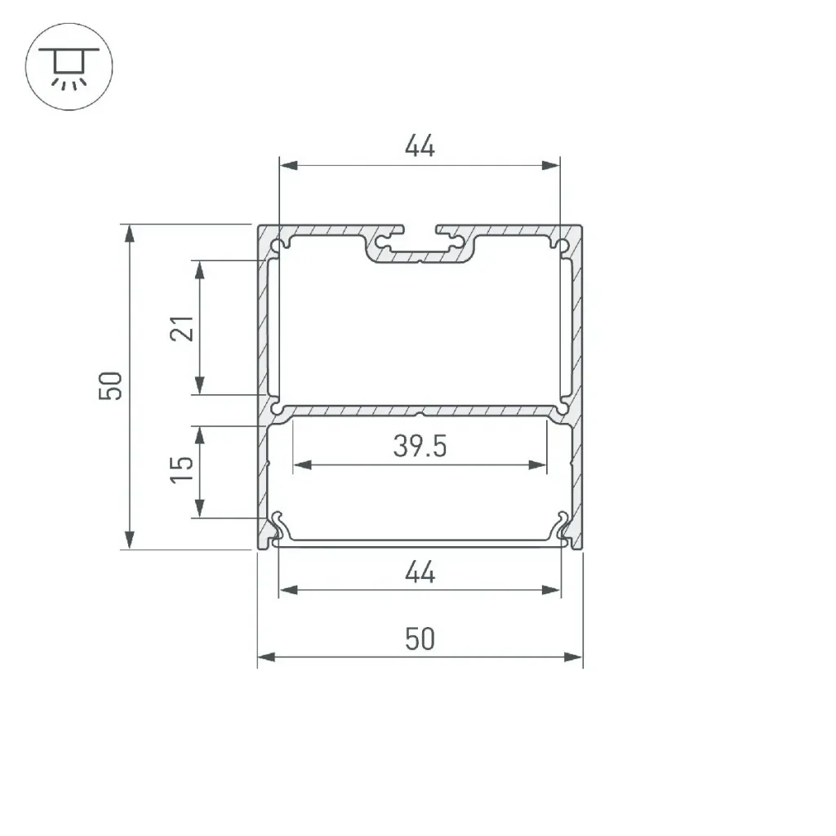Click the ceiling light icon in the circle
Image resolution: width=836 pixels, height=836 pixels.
[69, 67]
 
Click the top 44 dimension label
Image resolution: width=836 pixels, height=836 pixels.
[420, 145]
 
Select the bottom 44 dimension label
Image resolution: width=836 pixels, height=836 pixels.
[420, 572]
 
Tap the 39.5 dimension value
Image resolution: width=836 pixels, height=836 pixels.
[420, 446]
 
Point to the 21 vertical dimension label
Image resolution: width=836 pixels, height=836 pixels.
[182, 328]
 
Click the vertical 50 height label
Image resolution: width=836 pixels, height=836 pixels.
[110, 385]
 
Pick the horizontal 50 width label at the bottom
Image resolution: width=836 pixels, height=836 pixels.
[420, 638]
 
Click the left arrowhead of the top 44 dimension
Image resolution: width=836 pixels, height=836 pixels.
[288, 165]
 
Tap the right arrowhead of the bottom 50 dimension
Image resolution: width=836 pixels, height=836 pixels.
[573, 657]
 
